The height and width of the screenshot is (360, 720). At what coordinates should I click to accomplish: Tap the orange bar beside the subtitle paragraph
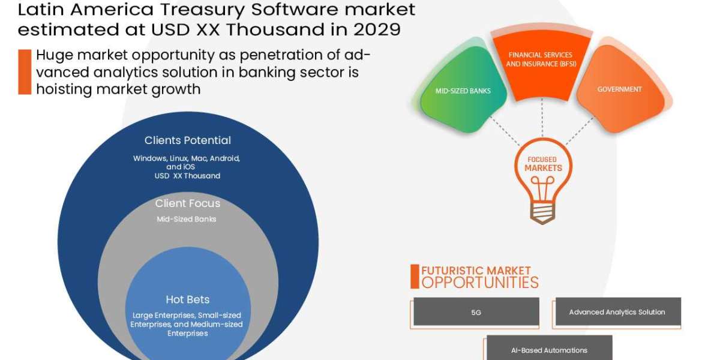click(25, 72)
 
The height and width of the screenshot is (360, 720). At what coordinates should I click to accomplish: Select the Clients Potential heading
click(187, 140)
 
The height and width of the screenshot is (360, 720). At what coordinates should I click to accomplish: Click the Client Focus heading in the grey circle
click(187, 203)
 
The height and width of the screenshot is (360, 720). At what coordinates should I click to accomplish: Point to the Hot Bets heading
click(188, 299)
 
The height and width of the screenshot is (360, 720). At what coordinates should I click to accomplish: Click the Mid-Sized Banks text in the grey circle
click(187, 219)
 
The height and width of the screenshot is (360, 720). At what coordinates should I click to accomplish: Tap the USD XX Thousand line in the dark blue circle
click(187, 176)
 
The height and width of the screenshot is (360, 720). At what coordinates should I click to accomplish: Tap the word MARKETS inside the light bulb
click(543, 168)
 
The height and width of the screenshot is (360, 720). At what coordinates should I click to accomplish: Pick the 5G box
click(476, 312)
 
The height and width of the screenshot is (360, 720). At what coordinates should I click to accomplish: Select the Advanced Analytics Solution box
click(618, 312)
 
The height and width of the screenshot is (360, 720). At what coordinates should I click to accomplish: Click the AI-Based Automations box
click(550, 348)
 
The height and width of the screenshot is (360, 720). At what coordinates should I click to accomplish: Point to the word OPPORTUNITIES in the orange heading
click(480, 283)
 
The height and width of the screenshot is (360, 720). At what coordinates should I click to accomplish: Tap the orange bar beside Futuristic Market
click(415, 277)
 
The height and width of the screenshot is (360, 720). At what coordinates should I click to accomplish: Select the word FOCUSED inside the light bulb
click(542, 160)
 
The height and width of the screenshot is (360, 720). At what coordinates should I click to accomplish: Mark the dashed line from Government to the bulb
click(580, 131)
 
